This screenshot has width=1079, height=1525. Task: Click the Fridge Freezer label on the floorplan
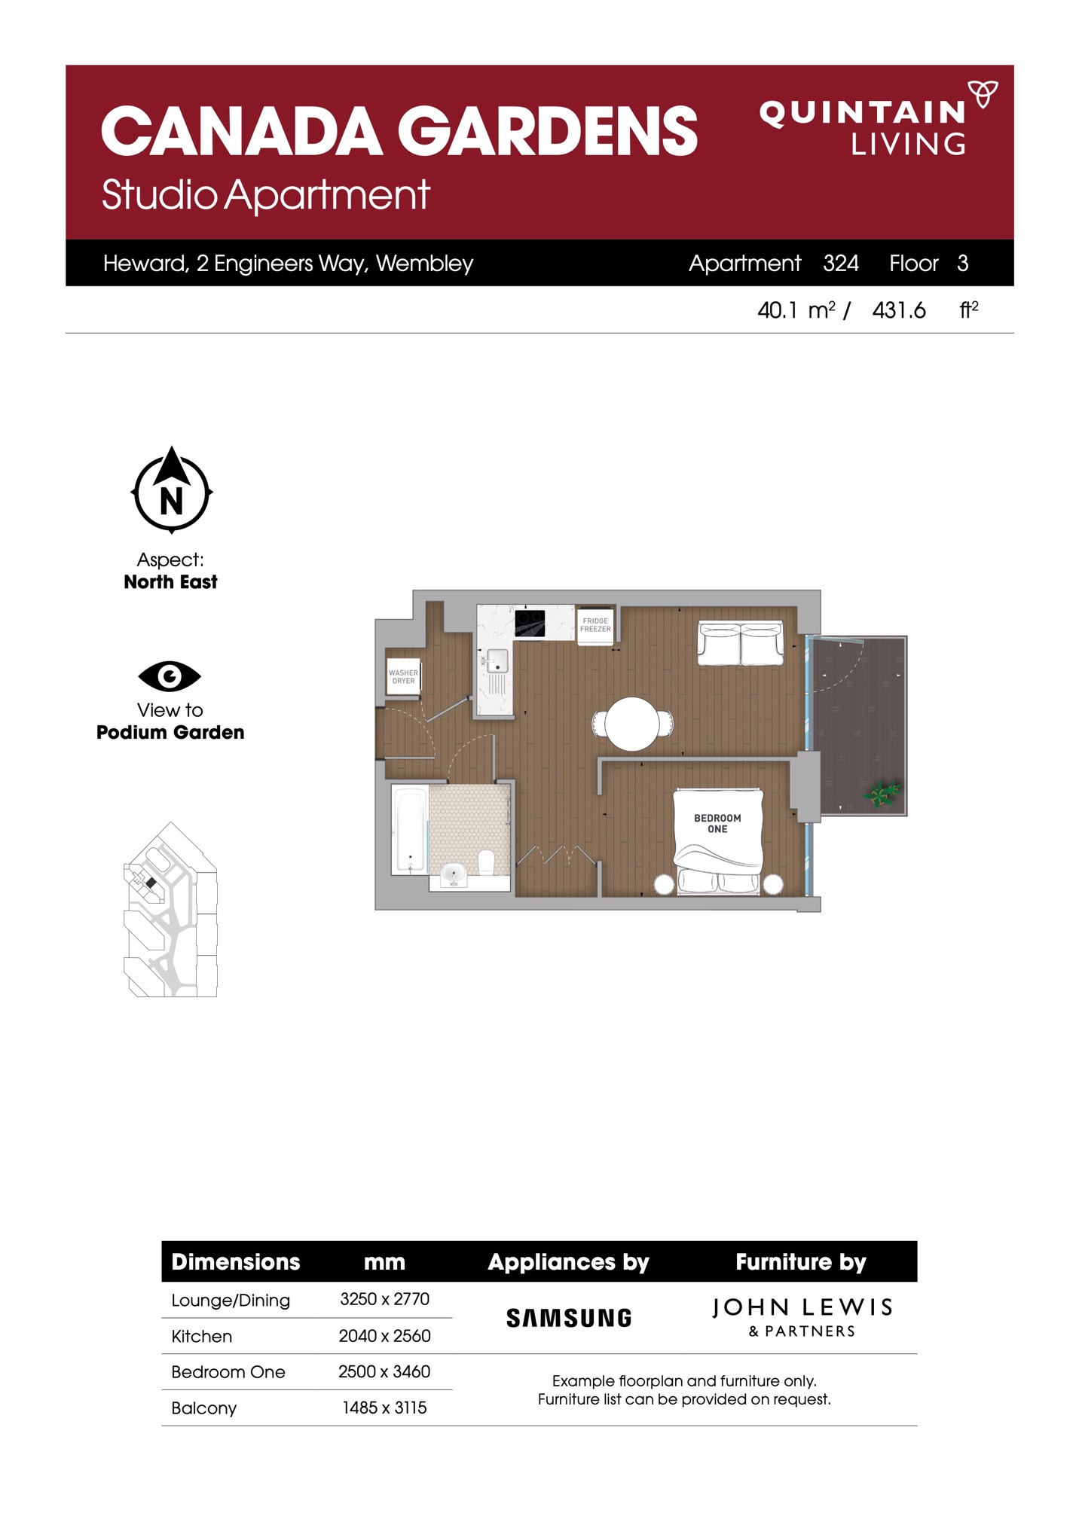tap(595, 625)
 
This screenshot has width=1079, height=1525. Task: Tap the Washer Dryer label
tap(403, 676)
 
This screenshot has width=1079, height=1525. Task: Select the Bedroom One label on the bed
tap(717, 823)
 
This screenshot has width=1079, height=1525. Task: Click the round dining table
tap(632, 724)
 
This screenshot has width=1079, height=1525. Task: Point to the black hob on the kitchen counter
tap(530, 623)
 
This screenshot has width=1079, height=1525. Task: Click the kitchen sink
tap(497, 661)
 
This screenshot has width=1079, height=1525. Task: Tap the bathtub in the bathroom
tap(409, 830)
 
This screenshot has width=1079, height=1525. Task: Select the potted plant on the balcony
tap(882, 794)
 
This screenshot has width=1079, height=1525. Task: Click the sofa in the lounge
tap(740, 643)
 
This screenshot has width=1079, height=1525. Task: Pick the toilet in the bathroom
tap(486, 862)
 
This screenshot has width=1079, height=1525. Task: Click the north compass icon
tap(172, 490)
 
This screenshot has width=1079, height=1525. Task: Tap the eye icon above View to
tap(170, 676)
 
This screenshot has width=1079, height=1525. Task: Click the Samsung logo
tap(569, 1318)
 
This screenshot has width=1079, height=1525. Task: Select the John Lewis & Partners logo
tap(802, 1317)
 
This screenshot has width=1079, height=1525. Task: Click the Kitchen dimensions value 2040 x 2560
tap(384, 1336)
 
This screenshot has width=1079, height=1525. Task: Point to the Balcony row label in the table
tap(204, 1408)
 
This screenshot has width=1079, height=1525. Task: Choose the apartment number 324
tap(841, 263)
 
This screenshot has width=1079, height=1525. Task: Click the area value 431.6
tap(899, 310)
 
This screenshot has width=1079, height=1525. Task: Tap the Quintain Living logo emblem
tap(983, 93)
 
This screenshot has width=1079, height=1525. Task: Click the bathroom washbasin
tap(454, 875)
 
